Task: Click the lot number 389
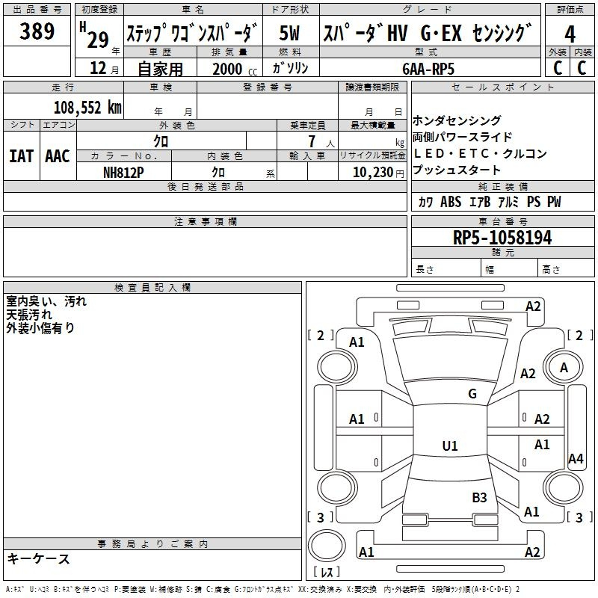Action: click(37, 31)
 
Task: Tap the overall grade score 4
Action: click(570, 34)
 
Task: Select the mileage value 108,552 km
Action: click(87, 108)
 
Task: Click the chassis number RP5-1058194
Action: click(502, 238)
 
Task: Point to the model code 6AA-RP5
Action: click(428, 69)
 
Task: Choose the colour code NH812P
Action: click(123, 173)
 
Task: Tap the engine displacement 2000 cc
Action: click(235, 70)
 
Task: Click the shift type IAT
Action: click(21, 156)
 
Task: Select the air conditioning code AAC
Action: click(58, 156)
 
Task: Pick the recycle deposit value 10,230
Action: click(372, 173)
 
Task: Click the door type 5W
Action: click(289, 33)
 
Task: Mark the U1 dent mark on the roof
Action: click(450, 446)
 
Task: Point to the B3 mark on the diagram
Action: click(479, 498)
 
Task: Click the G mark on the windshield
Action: click(472, 394)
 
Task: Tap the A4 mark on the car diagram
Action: click(576, 458)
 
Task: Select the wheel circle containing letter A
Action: click(564, 367)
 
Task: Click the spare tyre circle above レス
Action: click(327, 546)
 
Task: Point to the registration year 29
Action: click(98, 40)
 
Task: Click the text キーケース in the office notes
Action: click(39, 559)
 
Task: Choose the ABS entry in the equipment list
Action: click(451, 202)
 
